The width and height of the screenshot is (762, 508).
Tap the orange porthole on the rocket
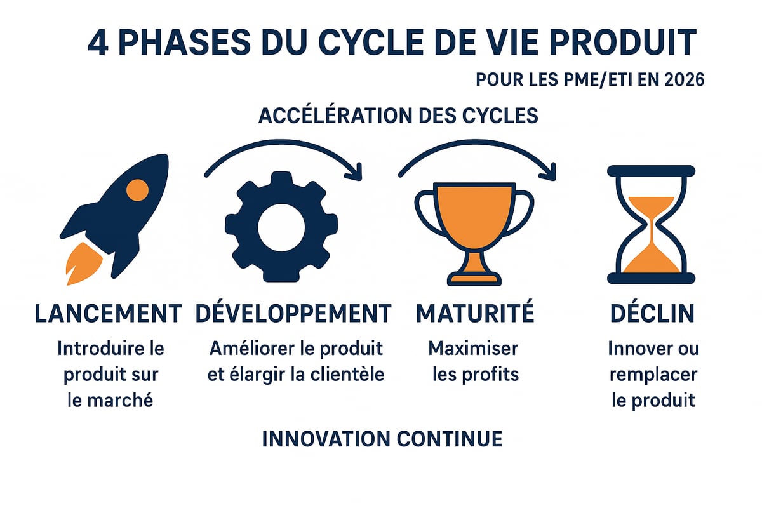[137, 189]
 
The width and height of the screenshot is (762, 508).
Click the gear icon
[281, 227]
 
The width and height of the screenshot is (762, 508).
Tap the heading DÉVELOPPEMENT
[293, 313]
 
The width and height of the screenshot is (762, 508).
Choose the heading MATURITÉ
[475, 313]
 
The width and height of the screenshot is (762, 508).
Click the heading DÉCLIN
[652, 313]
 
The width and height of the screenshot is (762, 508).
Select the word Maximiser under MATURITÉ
[473, 349]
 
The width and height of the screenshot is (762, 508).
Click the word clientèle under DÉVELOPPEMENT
[343, 374]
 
